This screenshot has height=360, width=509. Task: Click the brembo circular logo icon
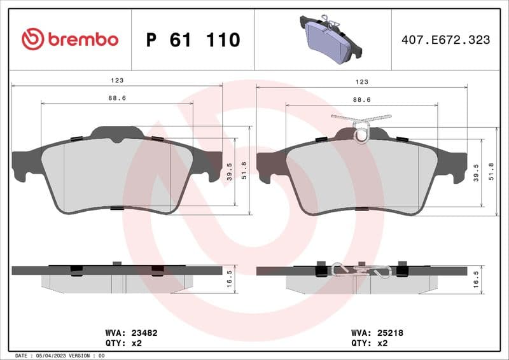[32, 39]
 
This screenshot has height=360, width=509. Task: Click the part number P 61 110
[193, 40]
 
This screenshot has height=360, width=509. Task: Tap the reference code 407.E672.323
[445, 39]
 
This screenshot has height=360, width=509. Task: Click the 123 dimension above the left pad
[116, 81]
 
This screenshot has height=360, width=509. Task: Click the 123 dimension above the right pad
[361, 81]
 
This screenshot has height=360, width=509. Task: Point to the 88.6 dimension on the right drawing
[361, 99]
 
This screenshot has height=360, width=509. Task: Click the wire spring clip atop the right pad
[361, 127]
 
